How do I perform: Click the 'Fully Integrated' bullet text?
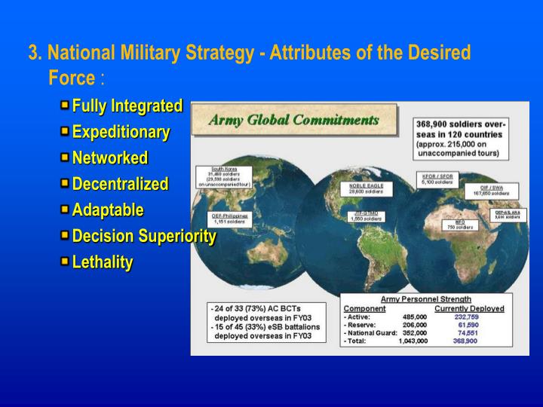[x=127, y=105]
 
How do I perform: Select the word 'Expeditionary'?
[x=121, y=132]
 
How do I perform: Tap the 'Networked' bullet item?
[x=109, y=158]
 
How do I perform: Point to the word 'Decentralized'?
[x=120, y=184]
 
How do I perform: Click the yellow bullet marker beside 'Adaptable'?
[x=65, y=210]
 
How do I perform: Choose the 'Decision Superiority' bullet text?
[x=144, y=236]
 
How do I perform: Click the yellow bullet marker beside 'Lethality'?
[x=65, y=262]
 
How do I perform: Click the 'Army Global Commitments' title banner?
[x=293, y=121]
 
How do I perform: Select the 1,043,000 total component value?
[x=413, y=341]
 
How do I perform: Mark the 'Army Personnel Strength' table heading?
[x=425, y=299]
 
